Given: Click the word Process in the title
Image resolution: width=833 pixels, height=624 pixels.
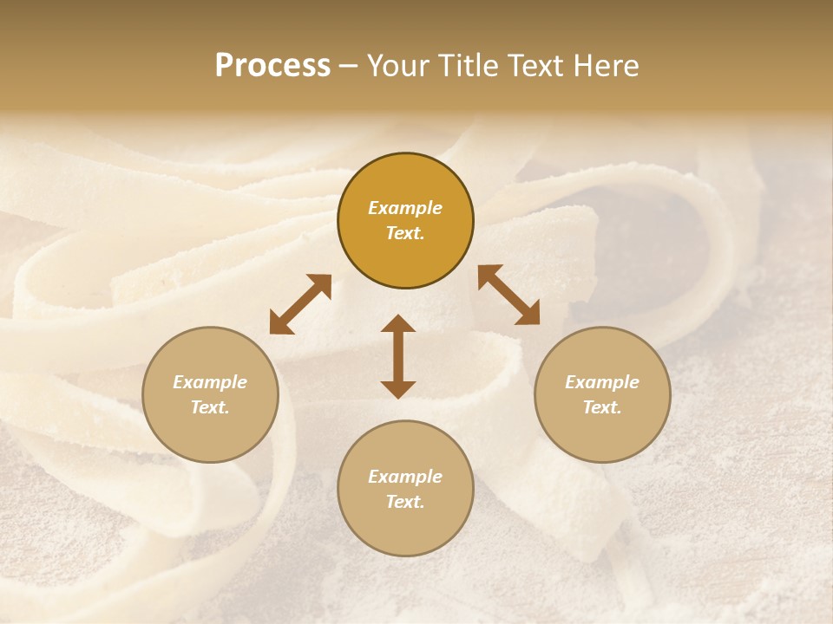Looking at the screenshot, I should point(272,66).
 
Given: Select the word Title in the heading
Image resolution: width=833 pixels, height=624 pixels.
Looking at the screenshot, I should point(469,66).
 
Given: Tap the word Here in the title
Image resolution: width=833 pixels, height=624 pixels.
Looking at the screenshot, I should point(607,66).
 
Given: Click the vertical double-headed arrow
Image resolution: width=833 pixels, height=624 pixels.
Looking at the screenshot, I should point(398,356).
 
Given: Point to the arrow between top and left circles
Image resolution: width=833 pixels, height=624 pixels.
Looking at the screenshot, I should point(300,305).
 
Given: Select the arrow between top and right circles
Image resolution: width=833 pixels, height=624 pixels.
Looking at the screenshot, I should point(508,295).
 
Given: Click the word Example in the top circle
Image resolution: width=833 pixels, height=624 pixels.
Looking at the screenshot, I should point(405,208).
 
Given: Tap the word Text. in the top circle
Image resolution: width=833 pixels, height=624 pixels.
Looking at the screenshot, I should point(405,233).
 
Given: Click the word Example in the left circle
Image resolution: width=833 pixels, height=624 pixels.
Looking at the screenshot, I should point(210,382).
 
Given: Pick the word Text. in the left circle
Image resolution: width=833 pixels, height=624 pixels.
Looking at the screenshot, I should point(210,407).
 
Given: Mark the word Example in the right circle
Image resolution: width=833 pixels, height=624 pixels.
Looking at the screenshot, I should point(602,382).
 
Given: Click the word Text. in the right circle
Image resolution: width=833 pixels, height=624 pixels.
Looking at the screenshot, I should point(602,407).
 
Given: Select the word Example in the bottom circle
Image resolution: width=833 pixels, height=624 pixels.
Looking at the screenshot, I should point(405,477).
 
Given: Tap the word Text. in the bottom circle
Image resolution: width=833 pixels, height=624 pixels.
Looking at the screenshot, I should point(405,502).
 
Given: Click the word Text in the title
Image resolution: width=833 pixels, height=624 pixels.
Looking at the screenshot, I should point(539,66).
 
